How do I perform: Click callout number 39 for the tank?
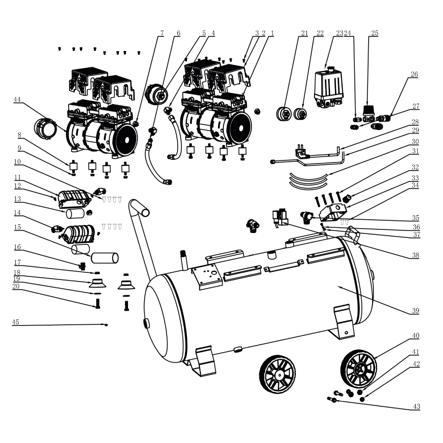pyautogui.click(x=416, y=311)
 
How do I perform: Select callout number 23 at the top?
pyautogui.click(x=340, y=33)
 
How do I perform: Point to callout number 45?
pyautogui.click(x=16, y=322)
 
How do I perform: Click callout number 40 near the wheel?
pyautogui.click(x=416, y=336)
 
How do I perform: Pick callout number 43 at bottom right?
pyautogui.click(x=416, y=406)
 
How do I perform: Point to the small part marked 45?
pyautogui.click(x=106, y=325)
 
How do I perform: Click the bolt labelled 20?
pyautogui.click(x=98, y=303)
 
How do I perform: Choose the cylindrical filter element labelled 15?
pyautogui.click(x=105, y=257)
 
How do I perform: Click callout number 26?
pyautogui.click(x=414, y=74)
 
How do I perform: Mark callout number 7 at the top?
pyautogui.click(x=162, y=33)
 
